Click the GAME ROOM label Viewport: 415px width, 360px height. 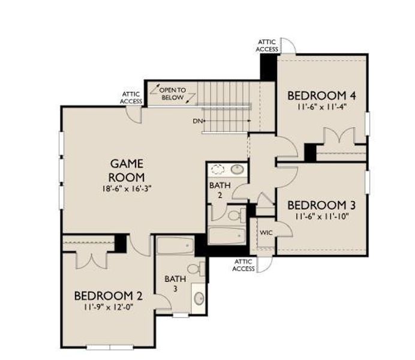pos(126,170)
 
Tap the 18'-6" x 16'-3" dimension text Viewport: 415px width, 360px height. pos(126,188)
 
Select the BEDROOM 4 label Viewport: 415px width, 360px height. pos(317,96)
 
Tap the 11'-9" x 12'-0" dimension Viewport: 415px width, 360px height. pos(108,307)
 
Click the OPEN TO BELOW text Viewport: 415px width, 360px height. pos(173,93)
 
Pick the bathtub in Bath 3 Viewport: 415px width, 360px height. pos(175,245)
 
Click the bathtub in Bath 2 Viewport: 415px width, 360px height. pos(228,236)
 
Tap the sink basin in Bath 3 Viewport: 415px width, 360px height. pos(199,298)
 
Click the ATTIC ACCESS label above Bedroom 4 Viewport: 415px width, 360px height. pos(267,45)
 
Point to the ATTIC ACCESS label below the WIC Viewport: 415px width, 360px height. pos(243,265)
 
